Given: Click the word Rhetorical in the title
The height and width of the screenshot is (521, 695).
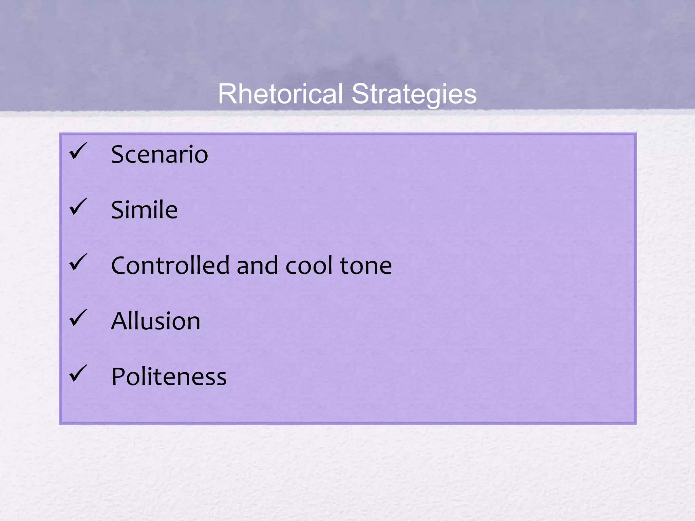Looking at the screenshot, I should pos(280,94).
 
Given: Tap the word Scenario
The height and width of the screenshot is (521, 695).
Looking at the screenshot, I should pos(159,154).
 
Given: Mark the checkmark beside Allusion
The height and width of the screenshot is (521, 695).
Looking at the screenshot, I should pos(78,318).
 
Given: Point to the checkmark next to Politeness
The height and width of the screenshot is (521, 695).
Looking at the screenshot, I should pos(78,373).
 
